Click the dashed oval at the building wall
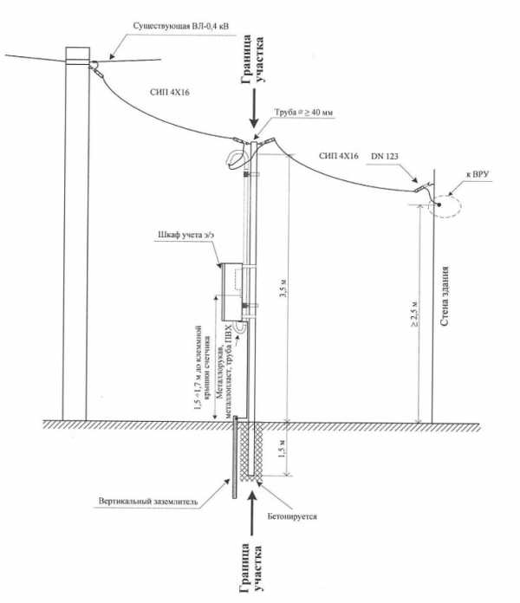click(x=444, y=205)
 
